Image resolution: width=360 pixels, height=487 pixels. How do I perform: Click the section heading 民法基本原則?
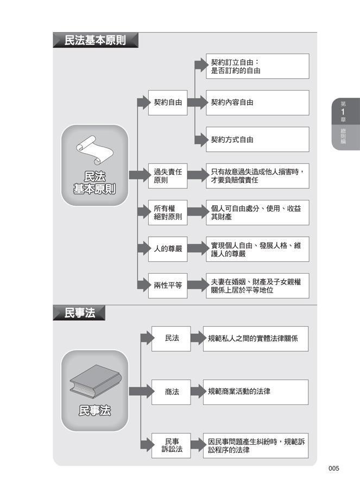tap(95, 41)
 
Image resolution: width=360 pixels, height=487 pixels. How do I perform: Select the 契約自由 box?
tap(168, 102)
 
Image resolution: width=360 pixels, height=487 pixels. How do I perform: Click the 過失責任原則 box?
tap(168, 176)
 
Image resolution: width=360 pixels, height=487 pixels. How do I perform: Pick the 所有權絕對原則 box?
tap(168, 213)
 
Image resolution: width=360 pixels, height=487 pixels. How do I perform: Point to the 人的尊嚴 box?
tap(168, 249)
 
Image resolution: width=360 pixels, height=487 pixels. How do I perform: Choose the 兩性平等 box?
tap(168, 286)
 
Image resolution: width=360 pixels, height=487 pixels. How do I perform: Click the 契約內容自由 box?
tap(257, 102)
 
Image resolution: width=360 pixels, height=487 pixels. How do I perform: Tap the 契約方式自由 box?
tap(257, 140)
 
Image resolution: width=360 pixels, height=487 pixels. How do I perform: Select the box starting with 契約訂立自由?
tap(257, 66)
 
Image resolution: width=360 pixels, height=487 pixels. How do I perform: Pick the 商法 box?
tap(171, 391)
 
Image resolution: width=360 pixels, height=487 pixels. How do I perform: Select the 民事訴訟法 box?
tap(171, 445)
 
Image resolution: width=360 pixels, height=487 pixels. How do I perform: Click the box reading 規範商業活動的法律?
tap(256, 391)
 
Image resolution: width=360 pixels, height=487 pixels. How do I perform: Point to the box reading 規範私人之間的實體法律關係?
tap(256, 338)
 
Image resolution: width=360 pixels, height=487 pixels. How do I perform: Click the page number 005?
tap(333, 469)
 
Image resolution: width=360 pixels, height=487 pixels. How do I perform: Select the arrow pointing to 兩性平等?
tap(142, 286)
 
